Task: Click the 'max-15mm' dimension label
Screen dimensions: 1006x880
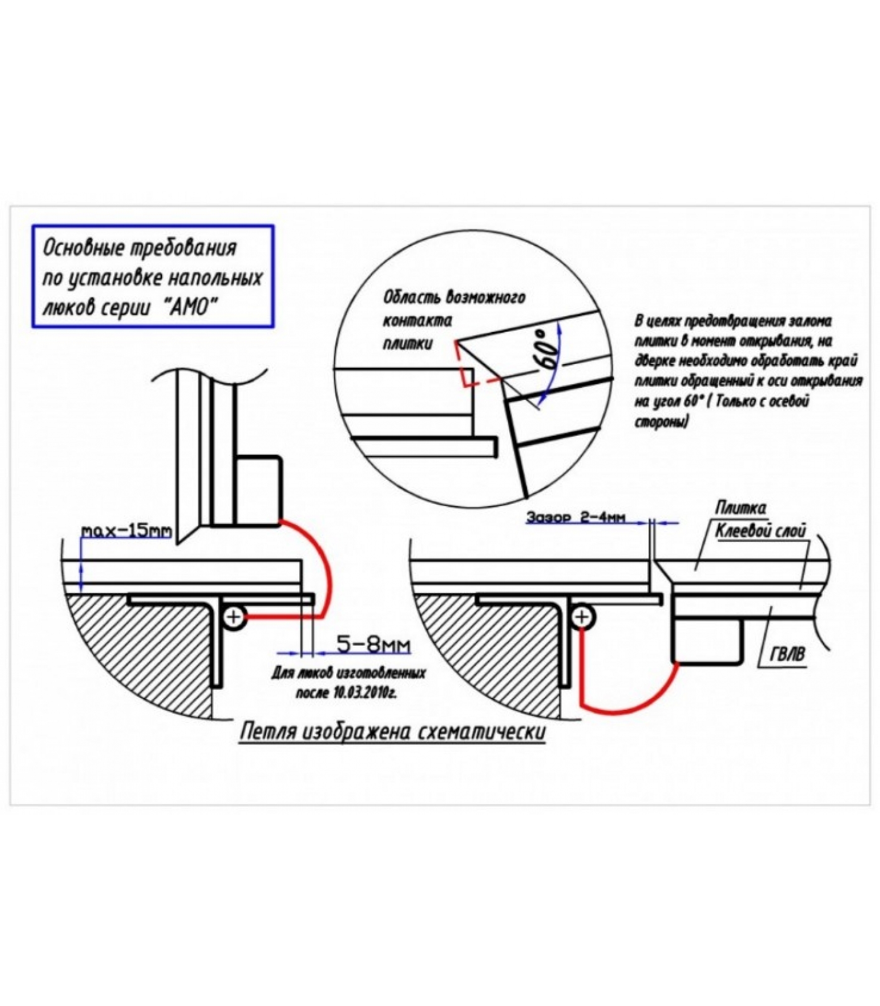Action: (x=126, y=531)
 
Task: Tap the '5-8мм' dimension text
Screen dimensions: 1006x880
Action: (x=373, y=644)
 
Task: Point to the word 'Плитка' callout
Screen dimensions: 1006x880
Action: (x=740, y=507)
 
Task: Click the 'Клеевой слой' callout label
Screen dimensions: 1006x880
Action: (x=761, y=531)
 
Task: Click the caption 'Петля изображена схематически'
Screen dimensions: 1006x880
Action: (x=393, y=732)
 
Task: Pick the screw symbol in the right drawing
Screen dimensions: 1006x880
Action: (x=582, y=617)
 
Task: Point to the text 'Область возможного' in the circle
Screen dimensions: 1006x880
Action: (x=454, y=297)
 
